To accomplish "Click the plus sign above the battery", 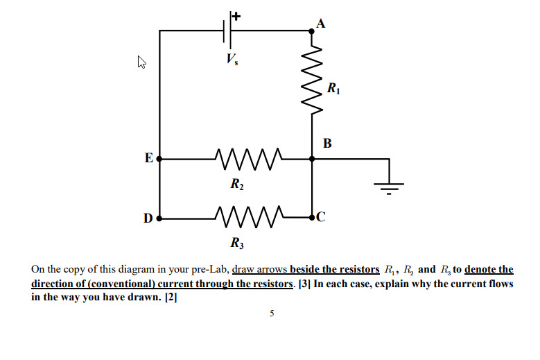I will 236,15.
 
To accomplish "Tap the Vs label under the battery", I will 230,60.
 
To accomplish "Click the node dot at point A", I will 312,31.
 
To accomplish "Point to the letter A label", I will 320,23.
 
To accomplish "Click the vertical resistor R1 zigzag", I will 312,79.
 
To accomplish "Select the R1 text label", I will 333,88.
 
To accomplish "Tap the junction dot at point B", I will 312,159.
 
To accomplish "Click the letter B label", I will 327,144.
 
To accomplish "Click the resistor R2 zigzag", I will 247,159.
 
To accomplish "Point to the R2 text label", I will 237,185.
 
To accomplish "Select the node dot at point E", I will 159,159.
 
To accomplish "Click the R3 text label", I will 237,243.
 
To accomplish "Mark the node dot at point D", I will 159,218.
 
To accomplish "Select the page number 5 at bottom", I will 271,314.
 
